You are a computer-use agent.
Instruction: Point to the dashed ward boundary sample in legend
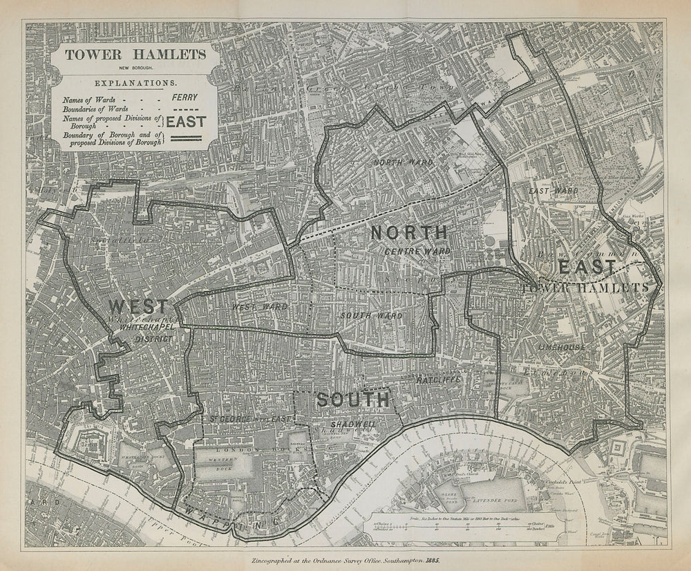click(184, 110)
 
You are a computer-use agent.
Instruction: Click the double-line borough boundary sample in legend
click(184, 140)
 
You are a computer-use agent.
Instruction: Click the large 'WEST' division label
click(136, 307)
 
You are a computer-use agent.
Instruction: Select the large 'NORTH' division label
click(409, 232)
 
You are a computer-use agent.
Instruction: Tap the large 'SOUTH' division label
click(352, 399)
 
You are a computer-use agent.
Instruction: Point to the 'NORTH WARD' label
click(404, 162)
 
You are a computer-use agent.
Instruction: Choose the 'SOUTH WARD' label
click(371, 315)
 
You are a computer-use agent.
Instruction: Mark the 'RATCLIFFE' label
click(439, 380)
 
